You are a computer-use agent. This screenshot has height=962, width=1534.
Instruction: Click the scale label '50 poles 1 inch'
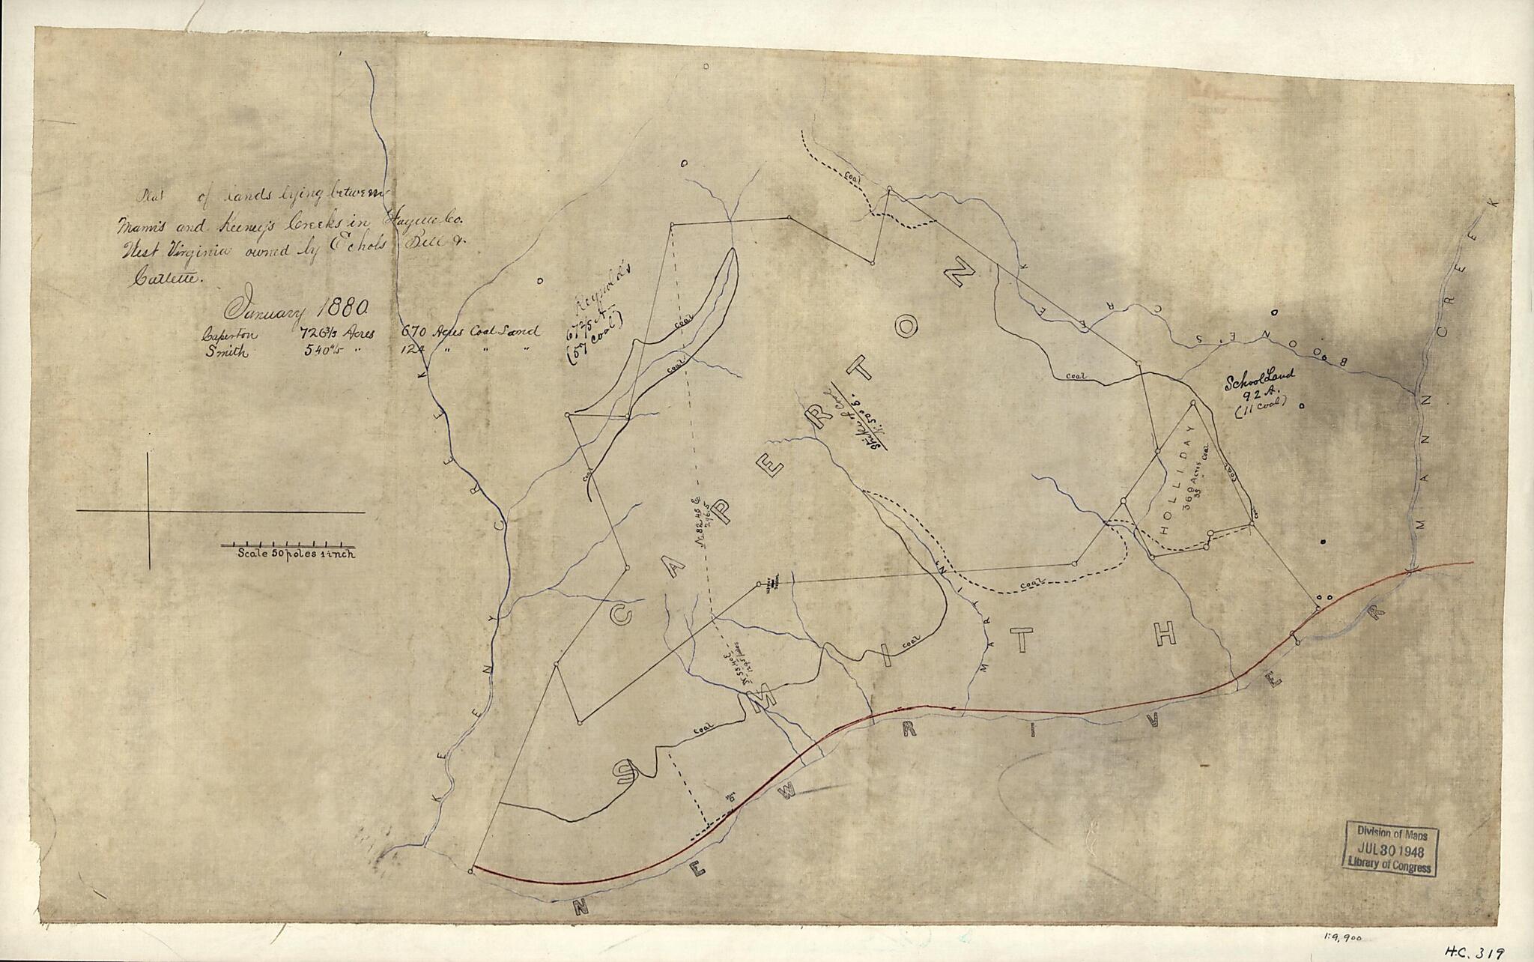(297, 554)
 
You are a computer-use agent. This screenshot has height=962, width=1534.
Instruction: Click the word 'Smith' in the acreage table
(227, 354)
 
